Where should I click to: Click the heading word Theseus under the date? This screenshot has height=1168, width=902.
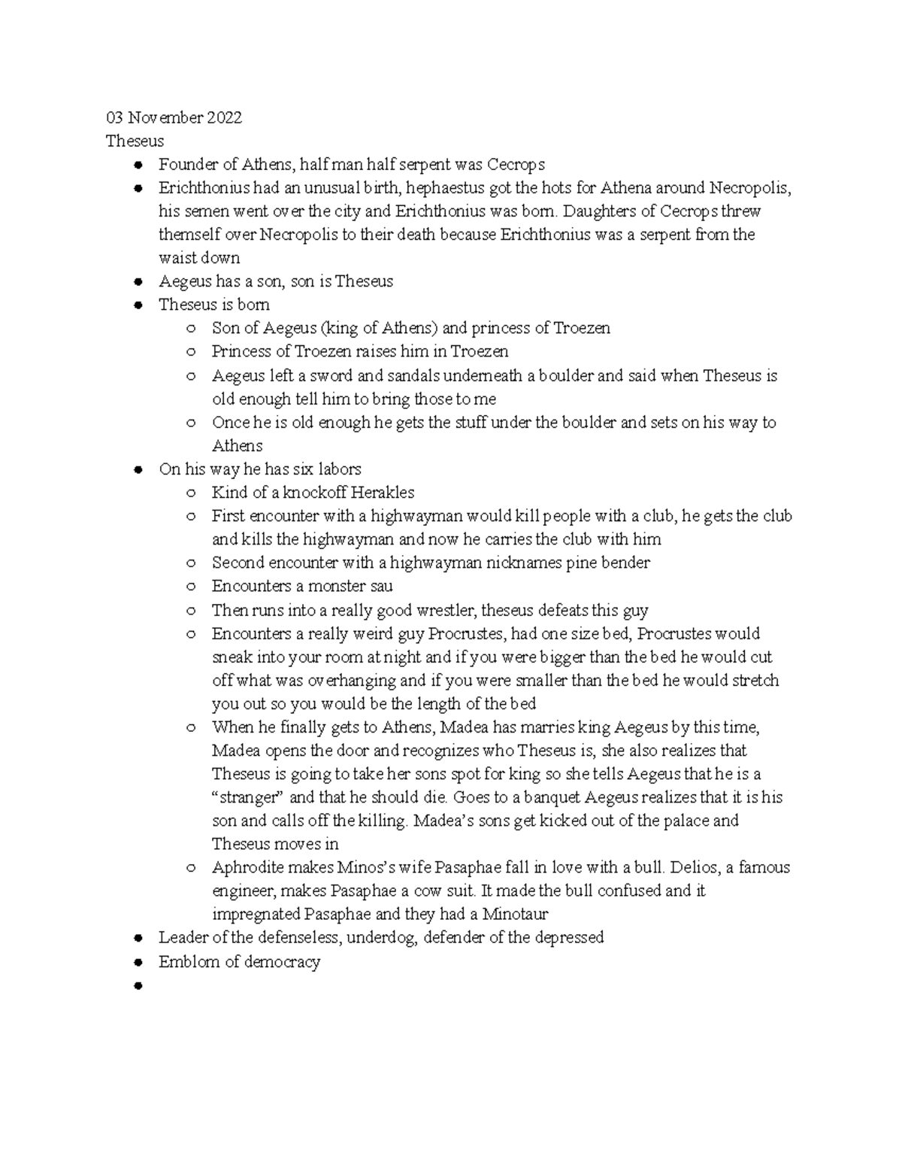click(135, 141)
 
